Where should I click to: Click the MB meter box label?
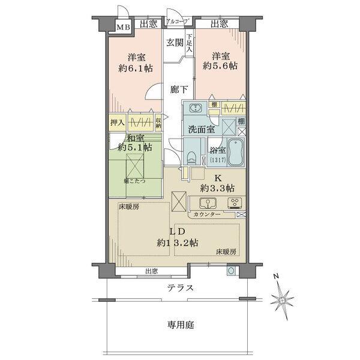coord(122,26)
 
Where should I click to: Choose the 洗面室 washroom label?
coord(200,129)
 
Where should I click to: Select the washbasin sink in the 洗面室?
coord(195,109)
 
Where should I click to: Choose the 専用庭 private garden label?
coord(180,325)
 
